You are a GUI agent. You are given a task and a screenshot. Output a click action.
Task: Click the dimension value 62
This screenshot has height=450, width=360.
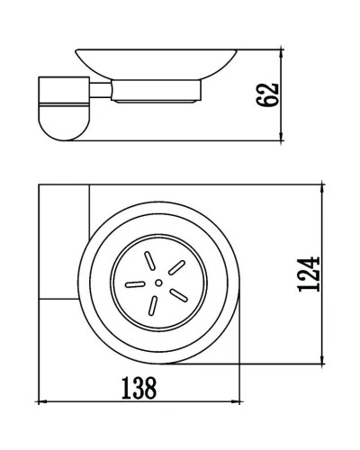pyautogui.click(x=268, y=94)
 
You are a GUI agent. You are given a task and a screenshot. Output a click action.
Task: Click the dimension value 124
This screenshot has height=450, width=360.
pyautogui.click(x=309, y=274)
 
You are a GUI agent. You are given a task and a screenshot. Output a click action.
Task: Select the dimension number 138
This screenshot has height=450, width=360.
pyautogui.click(x=139, y=388)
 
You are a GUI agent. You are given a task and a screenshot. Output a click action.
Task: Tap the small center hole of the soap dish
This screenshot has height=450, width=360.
pyautogui.click(x=158, y=283)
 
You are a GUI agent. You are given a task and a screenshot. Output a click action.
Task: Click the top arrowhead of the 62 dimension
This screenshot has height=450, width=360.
pyautogui.click(x=281, y=52)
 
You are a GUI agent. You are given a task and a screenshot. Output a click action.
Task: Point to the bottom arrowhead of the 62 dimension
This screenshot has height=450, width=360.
pyautogui.click(x=281, y=137)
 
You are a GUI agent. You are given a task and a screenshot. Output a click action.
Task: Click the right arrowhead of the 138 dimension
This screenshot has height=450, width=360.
pyautogui.click(x=235, y=401)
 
